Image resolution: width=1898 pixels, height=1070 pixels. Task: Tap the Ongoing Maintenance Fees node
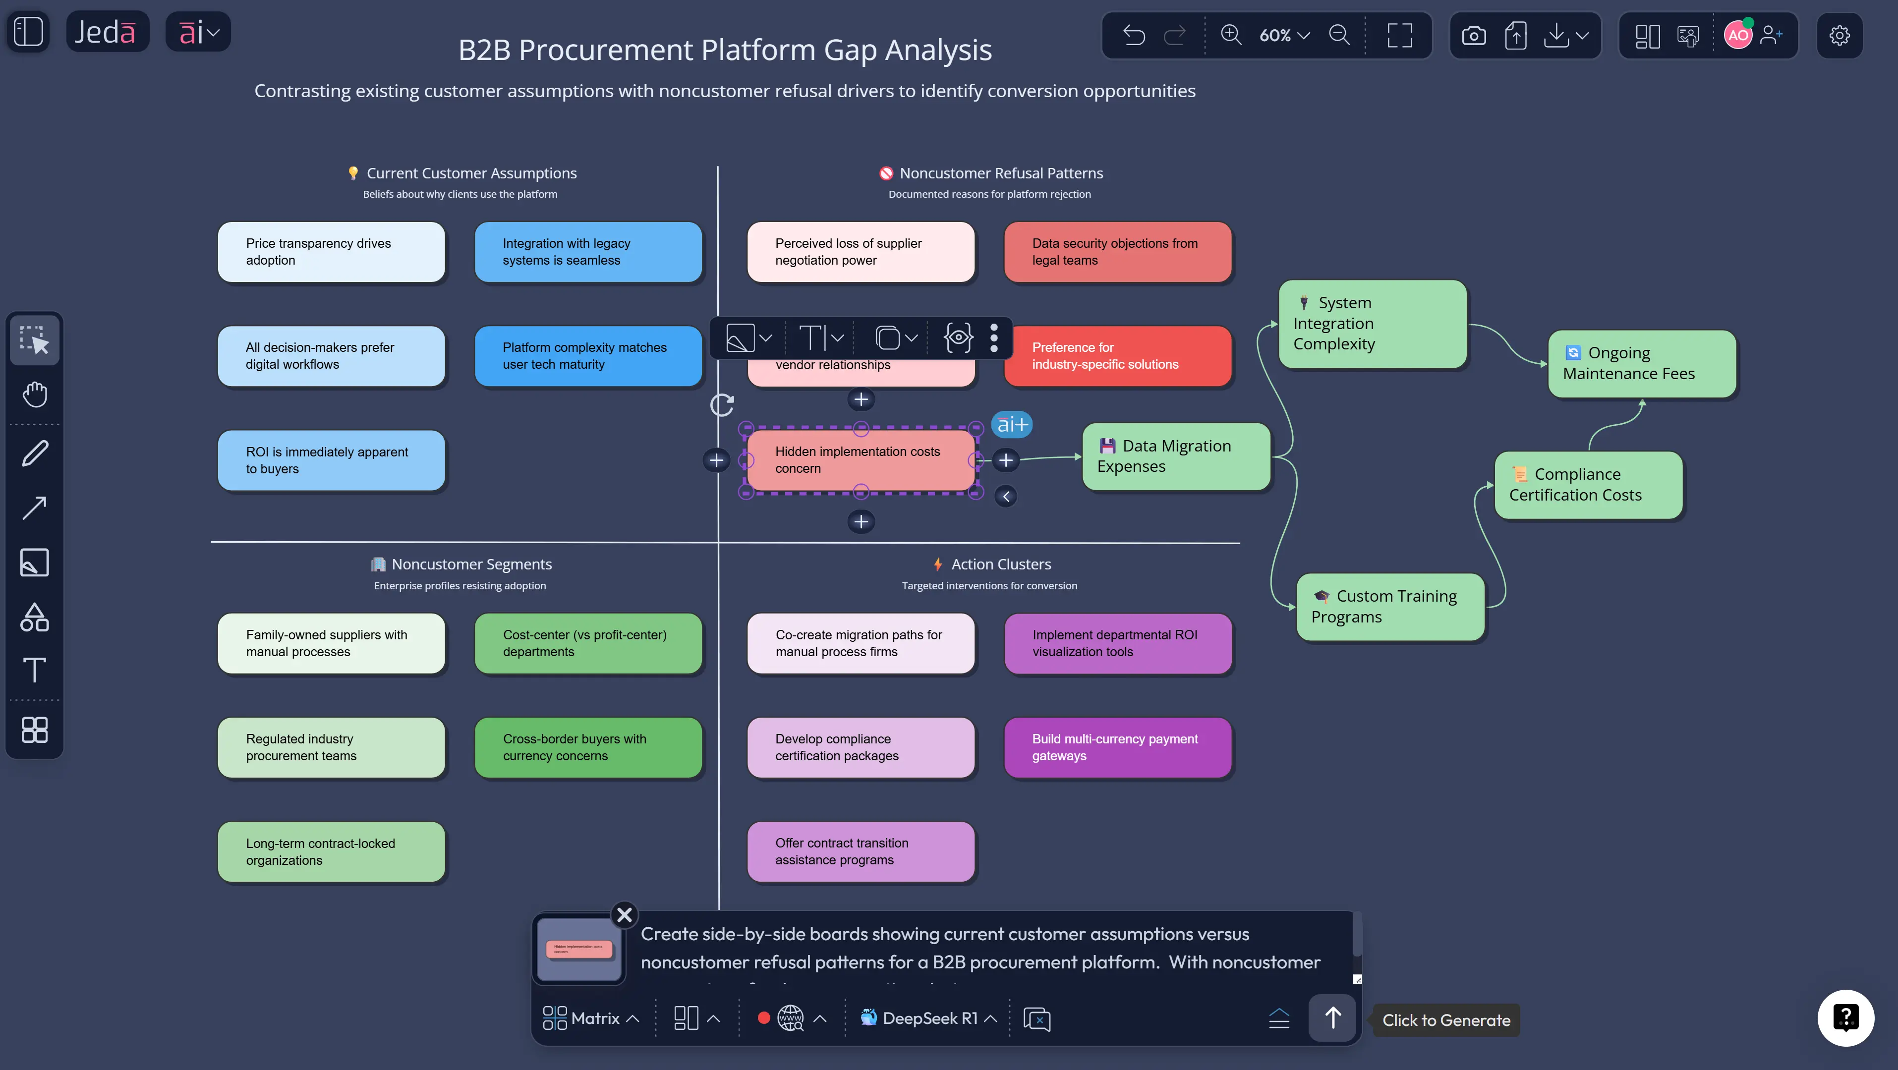[1642, 363]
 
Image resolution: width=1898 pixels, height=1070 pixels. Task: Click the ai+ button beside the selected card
[1012, 424]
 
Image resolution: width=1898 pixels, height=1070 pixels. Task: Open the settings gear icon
[1839, 35]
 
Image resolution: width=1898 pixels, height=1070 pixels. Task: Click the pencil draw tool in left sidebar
[35, 452]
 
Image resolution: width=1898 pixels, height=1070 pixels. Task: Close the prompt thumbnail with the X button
[624, 914]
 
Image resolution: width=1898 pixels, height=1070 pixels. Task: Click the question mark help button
[1845, 1017]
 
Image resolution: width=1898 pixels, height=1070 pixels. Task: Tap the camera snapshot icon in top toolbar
[1474, 35]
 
